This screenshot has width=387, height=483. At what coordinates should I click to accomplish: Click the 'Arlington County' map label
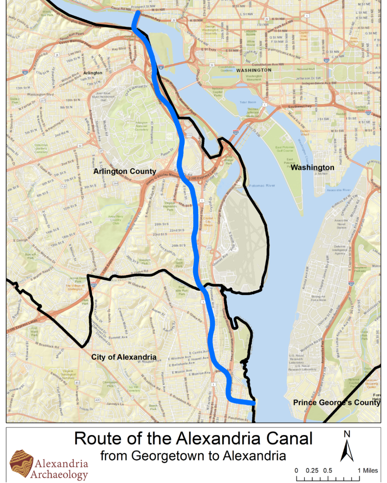pyautogui.click(x=125, y=171)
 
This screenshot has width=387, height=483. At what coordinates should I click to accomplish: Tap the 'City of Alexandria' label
pyautogui.click(x=124, y=357)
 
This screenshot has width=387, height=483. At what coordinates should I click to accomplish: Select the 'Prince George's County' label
pyautogui.click(x=336, y=402)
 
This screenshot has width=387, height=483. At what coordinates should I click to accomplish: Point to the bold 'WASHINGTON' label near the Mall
pyautogui.click(x=254, y=70)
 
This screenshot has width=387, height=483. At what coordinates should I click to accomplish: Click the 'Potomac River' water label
pyautogui.click(x=262, y=186)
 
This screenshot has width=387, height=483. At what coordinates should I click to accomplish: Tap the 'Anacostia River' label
pyautogui.click(x=339, y=190)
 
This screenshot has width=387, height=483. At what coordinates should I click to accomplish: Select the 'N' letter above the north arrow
pyautogui.click(x=347, y=434)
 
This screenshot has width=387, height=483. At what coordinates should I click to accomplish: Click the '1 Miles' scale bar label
pyautogui.click(x=367, y=471)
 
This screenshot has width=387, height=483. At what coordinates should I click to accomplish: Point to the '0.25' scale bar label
pyautogui.click(x=312, y=471)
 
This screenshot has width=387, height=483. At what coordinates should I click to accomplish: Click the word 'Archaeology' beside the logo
pyautogui.click(x=59, y=474)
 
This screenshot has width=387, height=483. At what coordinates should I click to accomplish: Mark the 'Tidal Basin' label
pyautogui.click(x=248, y=102)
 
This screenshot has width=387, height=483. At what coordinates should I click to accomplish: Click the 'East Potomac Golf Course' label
pyautogui.click(x=284, y=149)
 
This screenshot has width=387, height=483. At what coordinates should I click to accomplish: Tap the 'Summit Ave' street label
pyautogui.click(x=118, y=337)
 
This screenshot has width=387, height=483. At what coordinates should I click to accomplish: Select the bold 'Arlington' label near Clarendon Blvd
pyautogui.click(x=93, y=73)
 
